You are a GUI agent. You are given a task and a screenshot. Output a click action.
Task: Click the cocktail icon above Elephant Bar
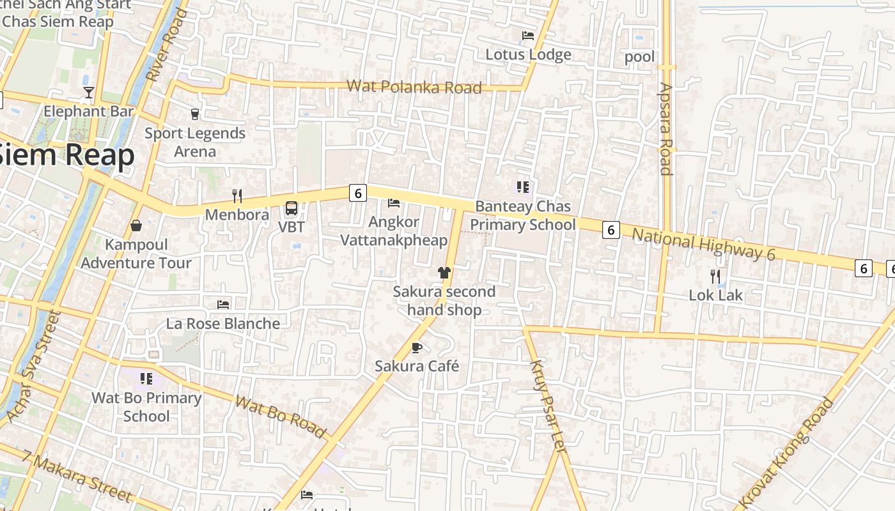click(x=89, y=93)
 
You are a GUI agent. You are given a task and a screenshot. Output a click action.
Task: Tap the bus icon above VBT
click(x=292, y=208)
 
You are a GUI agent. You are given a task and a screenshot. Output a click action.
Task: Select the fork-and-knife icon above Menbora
click(x=237, y=195)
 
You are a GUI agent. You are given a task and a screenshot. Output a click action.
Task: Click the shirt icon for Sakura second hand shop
click(x=444, y=273)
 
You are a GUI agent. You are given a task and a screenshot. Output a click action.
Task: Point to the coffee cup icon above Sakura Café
click(x=417, y=347)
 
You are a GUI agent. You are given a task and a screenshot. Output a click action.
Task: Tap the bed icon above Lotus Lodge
click(x=528, y=36)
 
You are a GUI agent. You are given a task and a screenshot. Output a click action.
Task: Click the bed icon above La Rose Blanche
click(x=223, y=305)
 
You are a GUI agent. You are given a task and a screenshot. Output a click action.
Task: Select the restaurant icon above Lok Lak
click(x=715, y=277)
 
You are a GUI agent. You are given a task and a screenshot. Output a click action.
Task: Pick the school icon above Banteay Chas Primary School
click(x=523, y=187)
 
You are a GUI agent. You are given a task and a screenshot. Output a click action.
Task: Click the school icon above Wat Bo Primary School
click(x=146, y=379)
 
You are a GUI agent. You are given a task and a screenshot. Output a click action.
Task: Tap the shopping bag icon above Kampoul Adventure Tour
click(x=136, y=225)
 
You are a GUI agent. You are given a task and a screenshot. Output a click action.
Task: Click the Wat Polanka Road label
click(x=414, y=86)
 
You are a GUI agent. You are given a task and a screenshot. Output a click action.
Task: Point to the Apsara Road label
click(x=666, y=128)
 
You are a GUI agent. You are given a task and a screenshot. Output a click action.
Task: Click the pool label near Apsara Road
click(x=639, y=57)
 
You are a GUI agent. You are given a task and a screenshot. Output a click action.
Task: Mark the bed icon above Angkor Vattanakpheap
click(x=394, y=203)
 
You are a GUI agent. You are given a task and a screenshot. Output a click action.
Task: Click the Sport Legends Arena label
click(x=195, y=142)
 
